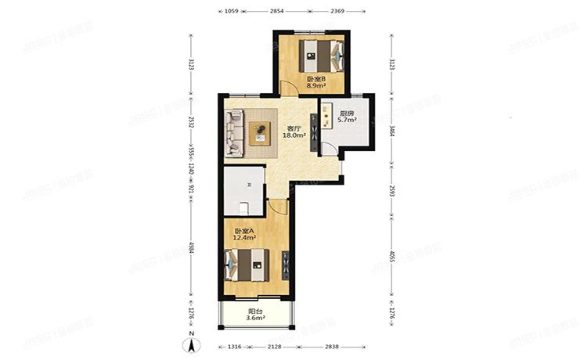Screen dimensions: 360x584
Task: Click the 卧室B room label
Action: (316, 79)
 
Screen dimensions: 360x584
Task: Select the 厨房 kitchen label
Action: (346, 113)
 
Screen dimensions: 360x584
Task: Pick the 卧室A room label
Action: (245, 230)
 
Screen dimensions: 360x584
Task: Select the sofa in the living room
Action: (234, 132)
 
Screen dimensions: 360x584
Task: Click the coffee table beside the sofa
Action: (259, 135)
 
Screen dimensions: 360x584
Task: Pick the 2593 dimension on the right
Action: (391, 191)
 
